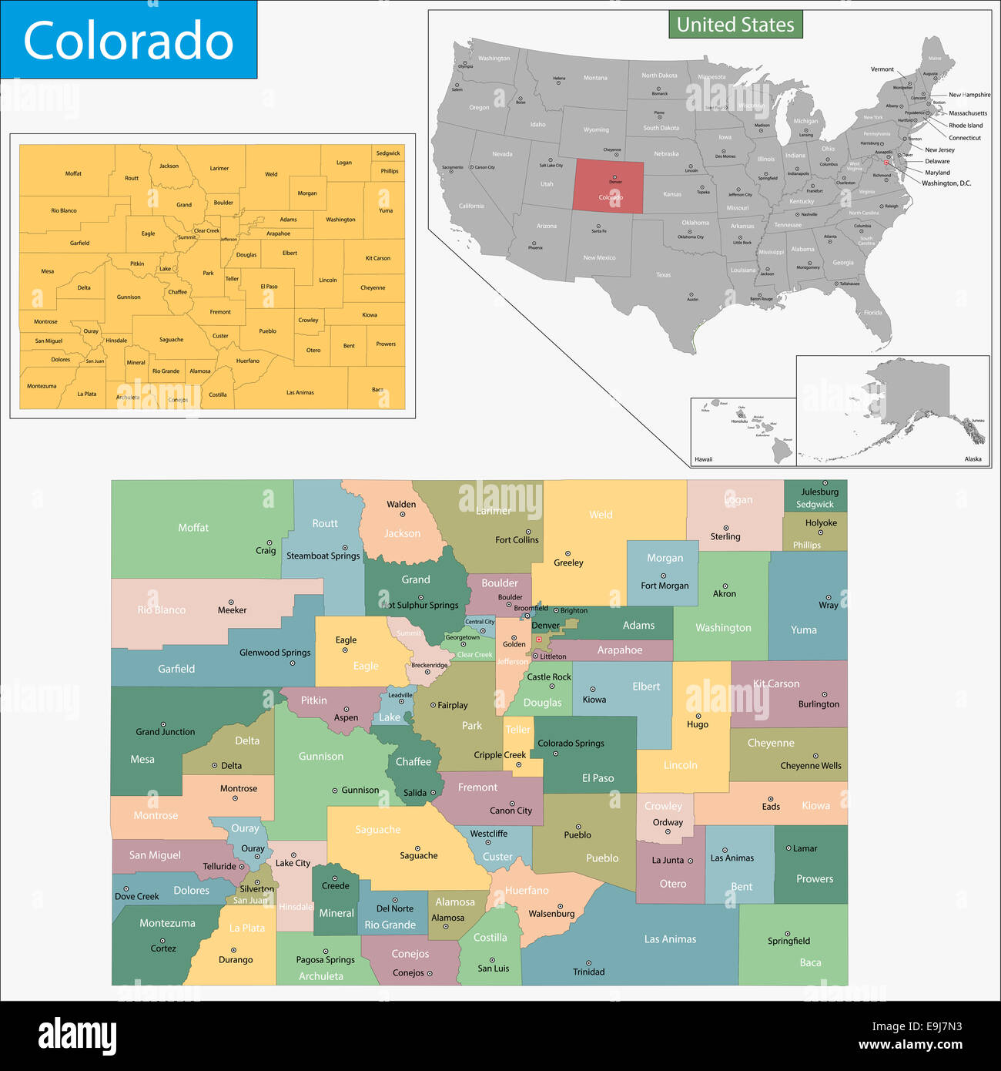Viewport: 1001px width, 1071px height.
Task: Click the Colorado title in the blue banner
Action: pos(129,41)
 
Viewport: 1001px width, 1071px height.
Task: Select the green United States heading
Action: pos(735,25)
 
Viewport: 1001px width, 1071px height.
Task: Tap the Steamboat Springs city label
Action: pos(323,556)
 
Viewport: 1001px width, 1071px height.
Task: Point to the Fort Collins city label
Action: pos(517,540)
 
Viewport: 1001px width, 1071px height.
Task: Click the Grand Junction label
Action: pos(166,732)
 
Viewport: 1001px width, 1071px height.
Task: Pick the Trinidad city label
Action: pos(588,972)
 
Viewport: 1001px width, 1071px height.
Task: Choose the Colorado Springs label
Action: pos(571,744)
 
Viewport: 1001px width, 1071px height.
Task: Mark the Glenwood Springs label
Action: pos(275,653)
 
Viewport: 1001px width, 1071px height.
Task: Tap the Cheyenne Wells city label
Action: pos(811,766)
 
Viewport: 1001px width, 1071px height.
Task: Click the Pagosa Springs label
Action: pos(326,960)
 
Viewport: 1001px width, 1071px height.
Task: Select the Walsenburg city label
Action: pos(551,914)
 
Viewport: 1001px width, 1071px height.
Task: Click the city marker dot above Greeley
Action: pos(568,553)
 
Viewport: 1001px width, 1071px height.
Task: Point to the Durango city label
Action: pos(236,960)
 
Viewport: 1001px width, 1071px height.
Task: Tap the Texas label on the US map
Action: pos(663,275)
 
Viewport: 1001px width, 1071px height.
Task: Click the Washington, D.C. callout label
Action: pos(946,183)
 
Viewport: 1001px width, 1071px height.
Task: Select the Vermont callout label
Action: pos(882,69)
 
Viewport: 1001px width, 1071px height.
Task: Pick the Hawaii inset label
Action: pos(703,459)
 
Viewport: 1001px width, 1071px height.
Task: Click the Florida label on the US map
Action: pos(872,313)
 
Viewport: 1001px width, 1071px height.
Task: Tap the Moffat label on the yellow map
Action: pos(73,173)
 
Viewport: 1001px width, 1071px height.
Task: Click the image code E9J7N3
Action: pos(917,1026)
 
